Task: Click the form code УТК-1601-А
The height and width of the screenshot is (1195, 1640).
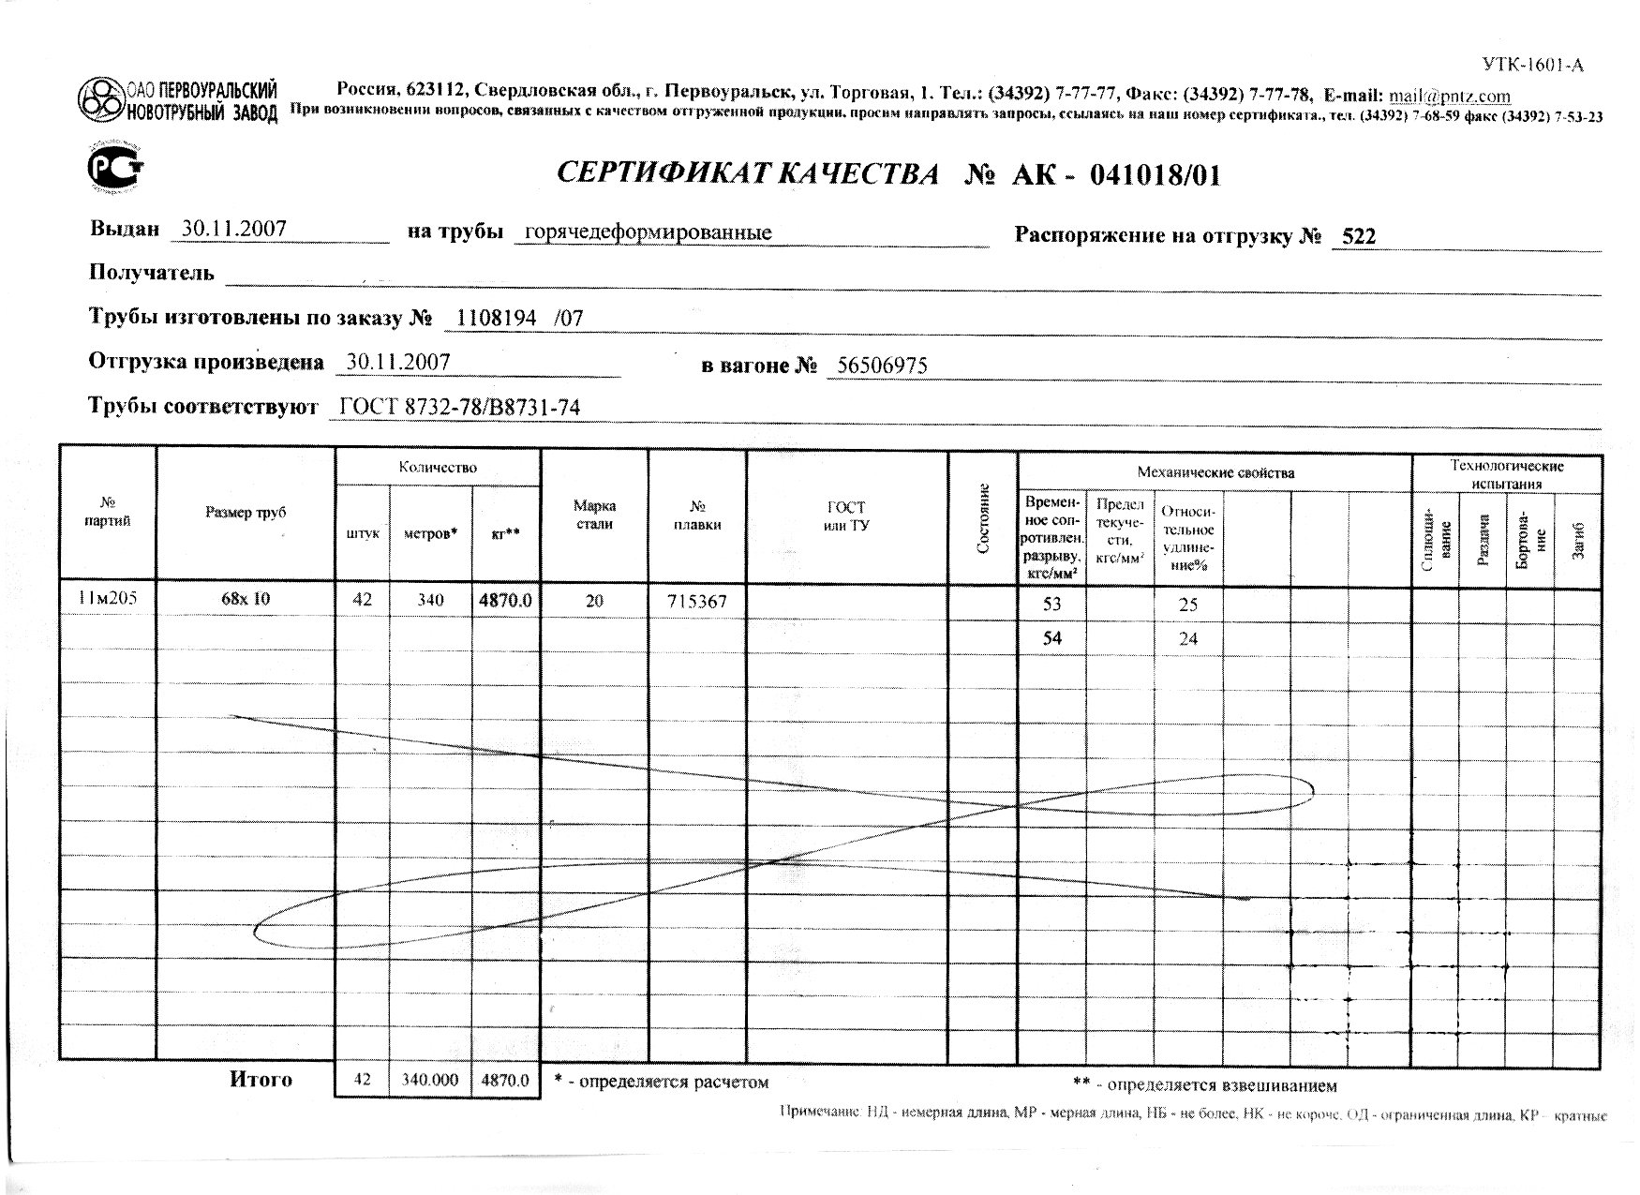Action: click(x=1532, y=65)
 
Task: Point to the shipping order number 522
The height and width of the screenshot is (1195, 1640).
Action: click(x=1359, y=236)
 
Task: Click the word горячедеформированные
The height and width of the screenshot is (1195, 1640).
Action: click(x=648, y=232)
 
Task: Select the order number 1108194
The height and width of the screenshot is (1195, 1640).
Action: click(x=496, y=319)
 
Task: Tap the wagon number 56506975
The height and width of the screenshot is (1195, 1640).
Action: click(x=881, y=366)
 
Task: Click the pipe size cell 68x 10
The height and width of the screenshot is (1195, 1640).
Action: click(x=246, y=599)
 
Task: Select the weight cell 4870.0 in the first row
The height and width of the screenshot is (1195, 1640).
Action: click(x=505, y=600)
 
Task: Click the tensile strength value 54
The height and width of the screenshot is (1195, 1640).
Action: click(x=1051, y=638)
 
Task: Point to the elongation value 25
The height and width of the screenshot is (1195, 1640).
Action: click(x=1187, y=605)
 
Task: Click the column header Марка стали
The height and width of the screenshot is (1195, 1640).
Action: click(x=594, y=515)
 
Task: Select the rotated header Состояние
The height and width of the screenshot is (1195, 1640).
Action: click(x=983, y=517)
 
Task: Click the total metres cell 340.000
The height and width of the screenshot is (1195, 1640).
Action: click(x=430, y=1080)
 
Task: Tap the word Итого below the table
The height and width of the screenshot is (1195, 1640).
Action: click(x=261, y=1080)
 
